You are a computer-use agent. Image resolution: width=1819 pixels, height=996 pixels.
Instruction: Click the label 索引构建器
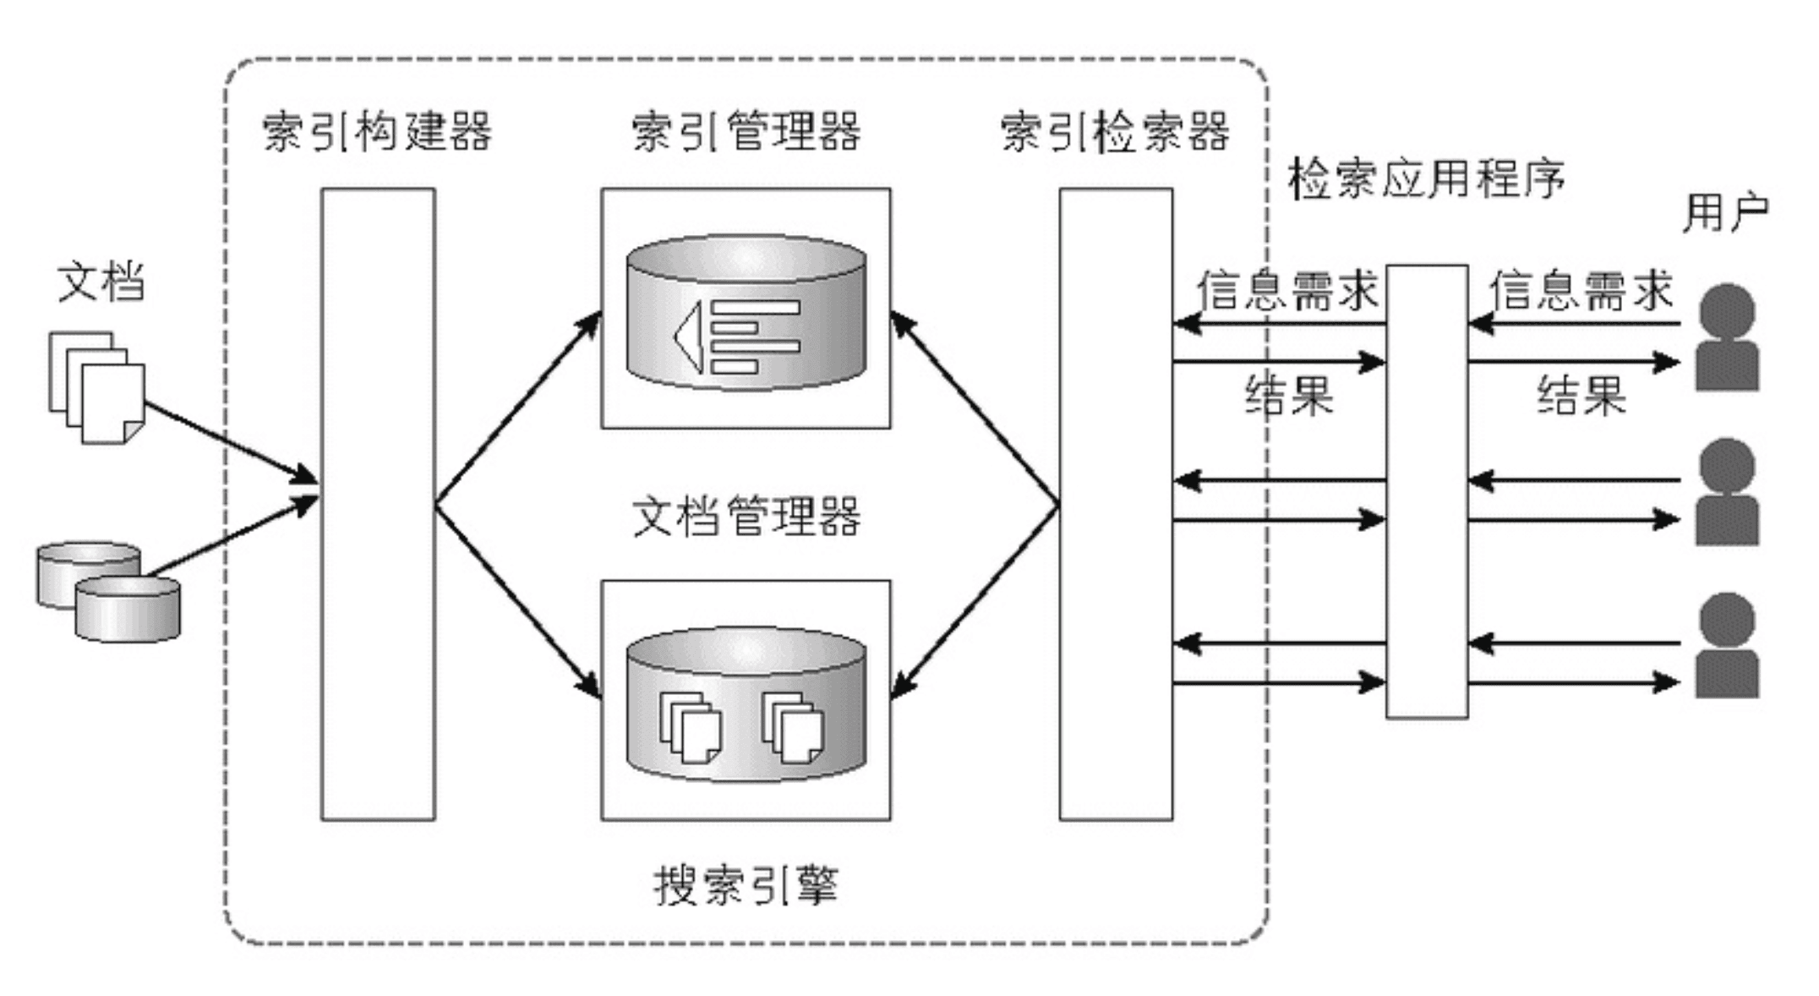(377, 132)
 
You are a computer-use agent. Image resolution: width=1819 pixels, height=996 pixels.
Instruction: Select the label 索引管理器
(746, 132)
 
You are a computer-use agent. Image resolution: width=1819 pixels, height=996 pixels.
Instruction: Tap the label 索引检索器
(1115, 132)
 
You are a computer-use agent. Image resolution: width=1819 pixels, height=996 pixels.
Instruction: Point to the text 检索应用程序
(1426, 179)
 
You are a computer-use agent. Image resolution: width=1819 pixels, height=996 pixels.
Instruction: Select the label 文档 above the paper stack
(101, 282)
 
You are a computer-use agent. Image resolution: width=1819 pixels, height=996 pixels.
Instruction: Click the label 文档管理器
(746, 517)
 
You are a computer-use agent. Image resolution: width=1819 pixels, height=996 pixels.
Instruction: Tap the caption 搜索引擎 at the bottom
(746, 886)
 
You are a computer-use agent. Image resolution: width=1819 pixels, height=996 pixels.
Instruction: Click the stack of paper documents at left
(97, 387)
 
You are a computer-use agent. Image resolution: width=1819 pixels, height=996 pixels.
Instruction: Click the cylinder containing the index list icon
(746, 313)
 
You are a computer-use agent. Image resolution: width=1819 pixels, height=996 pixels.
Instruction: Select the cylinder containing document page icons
(746, 703)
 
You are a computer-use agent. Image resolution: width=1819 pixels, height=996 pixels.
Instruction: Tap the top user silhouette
(1726, 338)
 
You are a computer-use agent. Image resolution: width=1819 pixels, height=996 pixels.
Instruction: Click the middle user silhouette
(1726, 492)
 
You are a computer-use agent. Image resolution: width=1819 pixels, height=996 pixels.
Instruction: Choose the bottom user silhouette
(1726, 646)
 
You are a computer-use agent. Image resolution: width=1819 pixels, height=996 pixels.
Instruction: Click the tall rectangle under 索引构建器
(378, 504)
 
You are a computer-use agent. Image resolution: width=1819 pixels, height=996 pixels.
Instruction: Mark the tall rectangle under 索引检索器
(1116, 504)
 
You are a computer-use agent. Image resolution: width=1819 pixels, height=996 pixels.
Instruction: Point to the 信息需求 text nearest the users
(1581, 291)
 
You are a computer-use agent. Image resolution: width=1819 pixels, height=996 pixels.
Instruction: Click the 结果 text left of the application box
(1288, 395)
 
